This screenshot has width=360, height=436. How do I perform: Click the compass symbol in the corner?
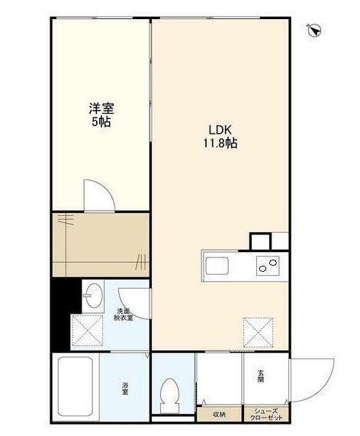click(314, 31)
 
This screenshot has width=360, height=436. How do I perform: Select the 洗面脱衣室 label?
click(124, 314)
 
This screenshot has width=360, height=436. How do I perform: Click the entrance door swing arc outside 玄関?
click(317, 379)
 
